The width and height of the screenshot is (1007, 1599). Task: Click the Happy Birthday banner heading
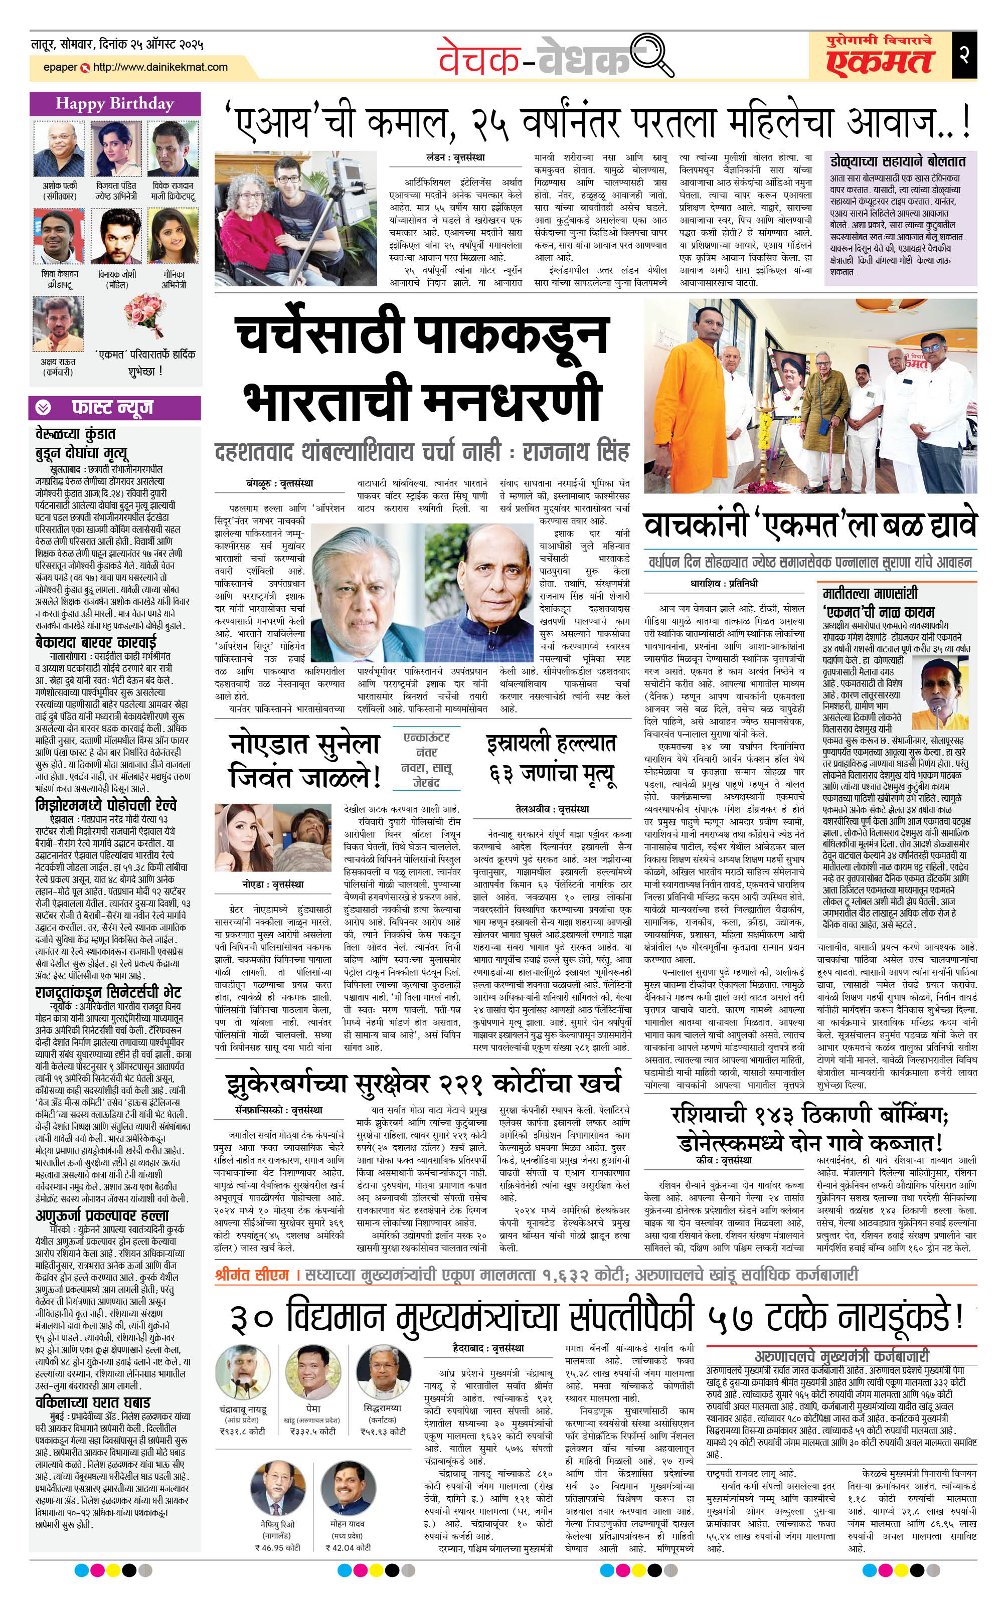(114, 104)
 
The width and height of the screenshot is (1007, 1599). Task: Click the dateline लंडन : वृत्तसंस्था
(455, 157)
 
